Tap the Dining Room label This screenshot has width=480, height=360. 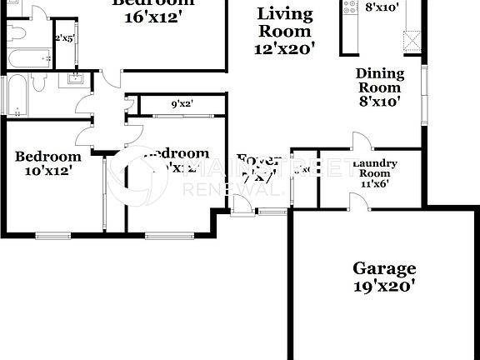pos(380,80)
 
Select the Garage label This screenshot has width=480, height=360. pos(383,268)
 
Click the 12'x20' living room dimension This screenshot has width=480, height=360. pos(284,49)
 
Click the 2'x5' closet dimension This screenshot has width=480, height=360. pos(63,38)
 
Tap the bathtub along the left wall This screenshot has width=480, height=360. pos(14,94)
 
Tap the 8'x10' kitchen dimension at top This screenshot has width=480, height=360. pos(382,7)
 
